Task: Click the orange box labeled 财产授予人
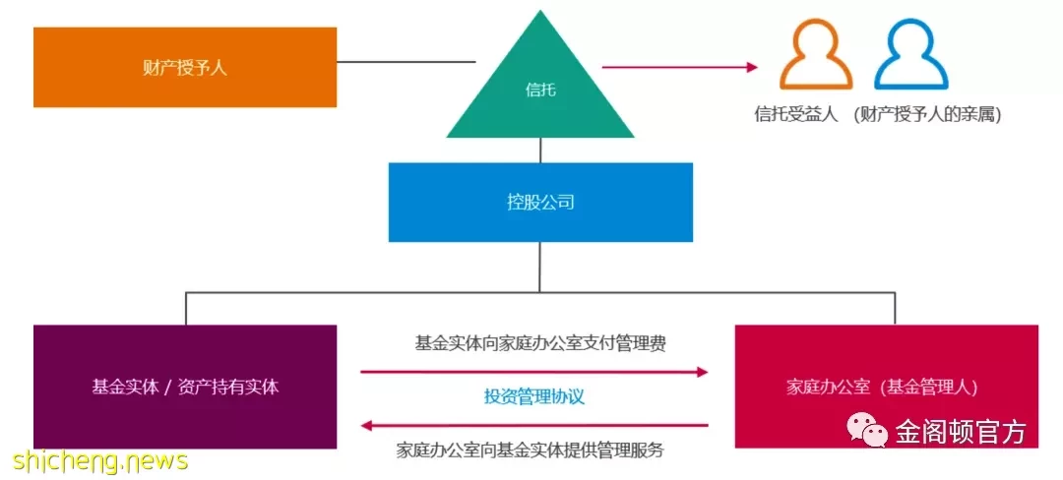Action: (x=185, y=67)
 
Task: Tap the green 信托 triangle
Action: (x=540, y=94)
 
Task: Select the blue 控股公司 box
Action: (x=540, y=202)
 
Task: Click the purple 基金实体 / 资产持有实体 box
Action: (x=185, y=387)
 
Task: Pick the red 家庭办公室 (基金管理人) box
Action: (x=887, y=387)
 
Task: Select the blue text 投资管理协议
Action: (x=534, y=396)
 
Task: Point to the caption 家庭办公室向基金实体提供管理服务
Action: (x=530, y=450)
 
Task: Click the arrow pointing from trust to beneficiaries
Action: (x=680, y=66)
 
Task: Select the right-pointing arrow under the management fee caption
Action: (x=534, y=371)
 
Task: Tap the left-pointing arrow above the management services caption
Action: (x=534, y=426)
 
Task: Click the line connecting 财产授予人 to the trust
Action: (x=406, y=62)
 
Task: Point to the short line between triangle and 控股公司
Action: (x=540, y=150)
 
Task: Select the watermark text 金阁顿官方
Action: (x=961, y=431)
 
